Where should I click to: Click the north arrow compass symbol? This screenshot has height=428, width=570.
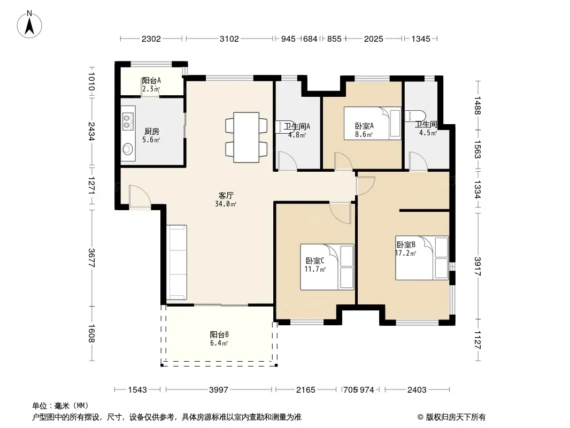pos(29,25)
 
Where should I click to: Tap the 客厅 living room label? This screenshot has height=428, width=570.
pos(226,196)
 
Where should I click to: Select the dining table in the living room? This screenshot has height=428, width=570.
pos(246,137)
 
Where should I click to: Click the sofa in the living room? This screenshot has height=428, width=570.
pos(176,262)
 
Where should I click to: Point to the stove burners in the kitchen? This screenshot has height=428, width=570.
pos(127,121)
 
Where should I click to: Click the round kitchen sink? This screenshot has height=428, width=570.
pos(128,149)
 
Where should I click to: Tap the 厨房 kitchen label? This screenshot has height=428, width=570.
pos(151,131)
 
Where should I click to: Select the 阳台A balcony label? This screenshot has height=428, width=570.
pos(151,80)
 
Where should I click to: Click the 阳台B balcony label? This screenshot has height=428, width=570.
pos(219,334)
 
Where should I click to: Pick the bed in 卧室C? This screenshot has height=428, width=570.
pos(327,267)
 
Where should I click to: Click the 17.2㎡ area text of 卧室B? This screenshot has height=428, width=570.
pos(406,253)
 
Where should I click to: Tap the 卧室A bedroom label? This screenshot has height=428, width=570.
pos(364,126)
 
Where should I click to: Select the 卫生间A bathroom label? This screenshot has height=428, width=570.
pos(297,127)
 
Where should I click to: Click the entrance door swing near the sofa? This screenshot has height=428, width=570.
pos(140,197)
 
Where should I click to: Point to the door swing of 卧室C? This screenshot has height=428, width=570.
pos(340,213)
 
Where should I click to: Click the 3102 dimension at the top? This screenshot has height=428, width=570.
pos(229,39)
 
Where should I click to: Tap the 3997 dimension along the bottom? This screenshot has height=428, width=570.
pos(219,390)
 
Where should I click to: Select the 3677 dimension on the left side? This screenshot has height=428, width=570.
pos(91,258)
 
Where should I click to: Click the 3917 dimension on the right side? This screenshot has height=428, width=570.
pos(477,266)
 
